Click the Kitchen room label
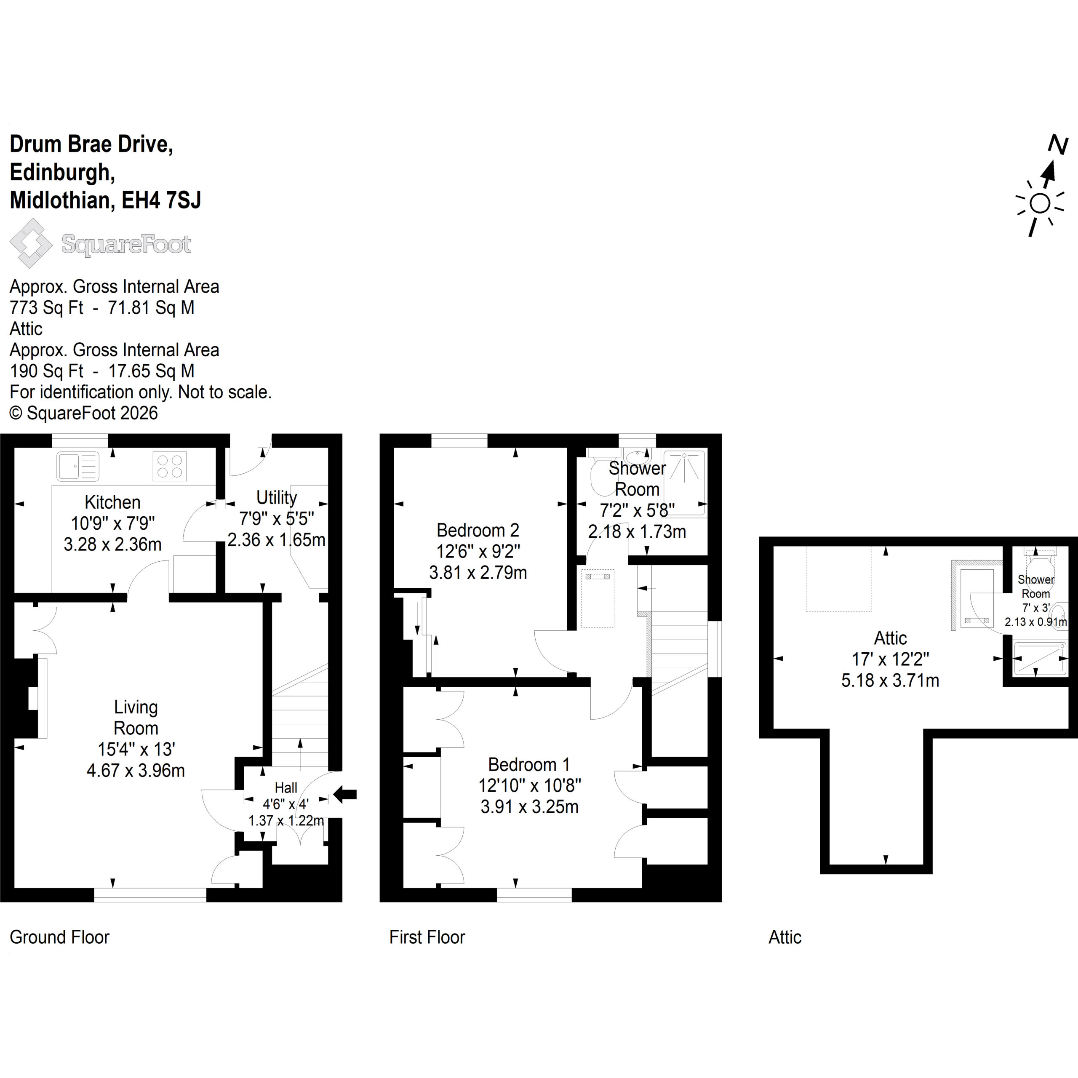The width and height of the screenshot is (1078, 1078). [112, 502]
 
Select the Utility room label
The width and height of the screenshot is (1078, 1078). [276, 497]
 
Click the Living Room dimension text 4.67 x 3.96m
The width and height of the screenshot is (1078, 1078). [136, 770]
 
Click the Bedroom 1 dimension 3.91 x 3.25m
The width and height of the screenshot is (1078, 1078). [529, 807]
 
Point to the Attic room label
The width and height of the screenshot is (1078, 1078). [890, 638]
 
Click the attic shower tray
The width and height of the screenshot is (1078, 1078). [1039, 659]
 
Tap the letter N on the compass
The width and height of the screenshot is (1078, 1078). [1057, 144]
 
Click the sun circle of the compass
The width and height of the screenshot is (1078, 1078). [1040, 203]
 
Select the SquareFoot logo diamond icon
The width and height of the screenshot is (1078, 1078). [31, 243]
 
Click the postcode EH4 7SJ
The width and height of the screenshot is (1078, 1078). [161, 200]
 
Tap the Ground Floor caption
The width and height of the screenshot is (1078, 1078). [60, 937]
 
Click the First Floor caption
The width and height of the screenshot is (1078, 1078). [427, 937]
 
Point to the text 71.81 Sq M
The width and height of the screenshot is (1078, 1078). [151, 307]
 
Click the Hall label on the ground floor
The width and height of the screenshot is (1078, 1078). [286, 787]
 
